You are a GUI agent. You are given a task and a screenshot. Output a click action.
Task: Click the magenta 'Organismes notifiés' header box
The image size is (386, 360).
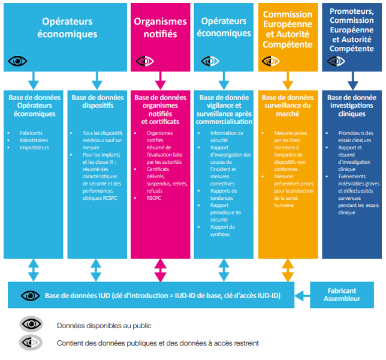point(159,27)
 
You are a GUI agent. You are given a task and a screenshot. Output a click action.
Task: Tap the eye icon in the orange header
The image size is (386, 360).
point(273,61)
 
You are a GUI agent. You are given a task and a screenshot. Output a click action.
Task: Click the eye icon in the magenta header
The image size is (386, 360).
point(145,61)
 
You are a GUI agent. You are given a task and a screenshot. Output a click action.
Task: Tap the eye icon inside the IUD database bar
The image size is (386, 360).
point(30,295)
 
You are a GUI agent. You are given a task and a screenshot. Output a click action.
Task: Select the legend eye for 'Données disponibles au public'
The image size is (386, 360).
point(30,325)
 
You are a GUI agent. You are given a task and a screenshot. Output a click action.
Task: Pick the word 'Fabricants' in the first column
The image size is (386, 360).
point(31,132)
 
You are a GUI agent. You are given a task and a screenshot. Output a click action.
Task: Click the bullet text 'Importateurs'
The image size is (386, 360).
point(34,148)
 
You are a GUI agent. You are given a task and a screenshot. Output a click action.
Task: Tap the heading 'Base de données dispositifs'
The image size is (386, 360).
point(96,101)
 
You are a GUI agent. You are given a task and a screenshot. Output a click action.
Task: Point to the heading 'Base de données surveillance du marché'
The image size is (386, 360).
point(288,106)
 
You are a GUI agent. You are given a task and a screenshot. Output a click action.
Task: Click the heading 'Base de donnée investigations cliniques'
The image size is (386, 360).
point(352,106)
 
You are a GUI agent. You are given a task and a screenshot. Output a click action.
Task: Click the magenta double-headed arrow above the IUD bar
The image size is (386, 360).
point(160,270)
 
